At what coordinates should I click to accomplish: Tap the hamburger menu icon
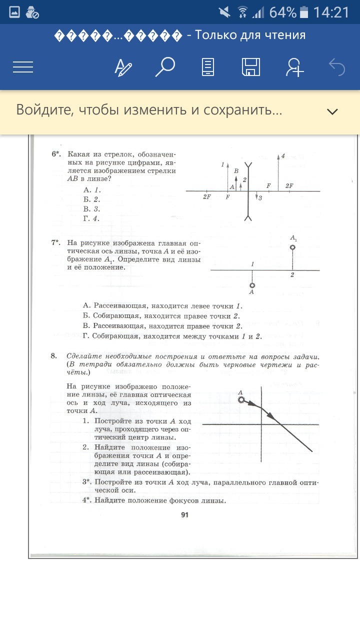point(23,67)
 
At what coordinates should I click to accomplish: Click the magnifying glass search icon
point(165,67)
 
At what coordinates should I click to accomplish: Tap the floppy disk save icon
point(251,67)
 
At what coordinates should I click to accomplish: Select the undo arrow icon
point(337,67)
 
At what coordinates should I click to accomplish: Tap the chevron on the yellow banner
point(332,111)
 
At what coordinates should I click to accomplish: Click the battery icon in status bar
point(304,12)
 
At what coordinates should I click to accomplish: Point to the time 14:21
point(331,12)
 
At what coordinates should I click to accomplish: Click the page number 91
point(184,515)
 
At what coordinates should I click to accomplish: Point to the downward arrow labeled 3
point(255,196)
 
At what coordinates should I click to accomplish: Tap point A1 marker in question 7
point(292,247)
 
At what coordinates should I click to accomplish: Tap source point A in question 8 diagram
point(241,400)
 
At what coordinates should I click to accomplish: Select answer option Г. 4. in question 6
point(91,218)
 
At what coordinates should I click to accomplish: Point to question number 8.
point(53,356)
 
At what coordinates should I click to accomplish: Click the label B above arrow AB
point(236,171)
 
